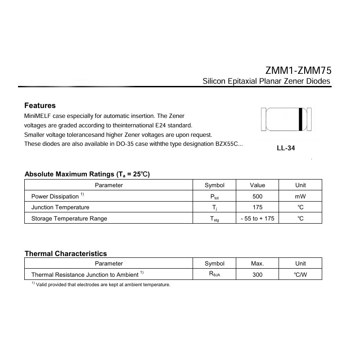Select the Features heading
pos(40,106)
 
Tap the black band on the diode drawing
pos(300,119)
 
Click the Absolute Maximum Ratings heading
pos(87,174)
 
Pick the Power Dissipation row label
pos(54,196)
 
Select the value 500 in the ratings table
pos(257,197)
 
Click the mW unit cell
pos(300,197)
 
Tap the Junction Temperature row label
pos(60,207)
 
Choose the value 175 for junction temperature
pos(257,207)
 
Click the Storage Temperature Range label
pos(69,219)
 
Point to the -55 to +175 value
pos(257,219)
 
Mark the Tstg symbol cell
pos(214,219)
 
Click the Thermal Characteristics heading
pos(66,254)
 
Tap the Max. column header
pos(257,263)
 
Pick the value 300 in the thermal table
pos(257,274)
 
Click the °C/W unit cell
pos(300,274)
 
